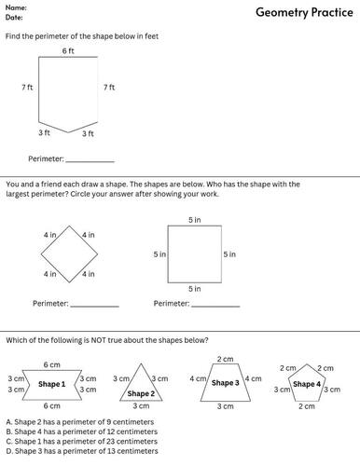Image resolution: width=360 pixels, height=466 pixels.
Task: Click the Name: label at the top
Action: [17, 7]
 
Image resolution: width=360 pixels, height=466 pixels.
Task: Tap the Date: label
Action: [15, 17]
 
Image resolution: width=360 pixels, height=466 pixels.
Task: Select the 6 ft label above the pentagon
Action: [68, 50]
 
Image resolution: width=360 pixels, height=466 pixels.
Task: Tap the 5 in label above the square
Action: [194, 220]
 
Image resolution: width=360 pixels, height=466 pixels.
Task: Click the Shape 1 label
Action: [51, 384]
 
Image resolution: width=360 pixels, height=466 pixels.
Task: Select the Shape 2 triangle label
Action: [141, 393]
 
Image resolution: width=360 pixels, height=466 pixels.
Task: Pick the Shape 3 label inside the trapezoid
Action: [225, 383]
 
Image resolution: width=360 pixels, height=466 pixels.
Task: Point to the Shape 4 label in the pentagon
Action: [306, 384]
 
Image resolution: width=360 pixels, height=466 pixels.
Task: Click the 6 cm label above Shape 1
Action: [51, 364]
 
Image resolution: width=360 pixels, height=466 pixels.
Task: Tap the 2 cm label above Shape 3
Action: [225, 359]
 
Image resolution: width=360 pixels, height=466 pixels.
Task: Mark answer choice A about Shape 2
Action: [78, 421]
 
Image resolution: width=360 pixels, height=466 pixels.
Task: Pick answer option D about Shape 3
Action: [80, 452]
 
